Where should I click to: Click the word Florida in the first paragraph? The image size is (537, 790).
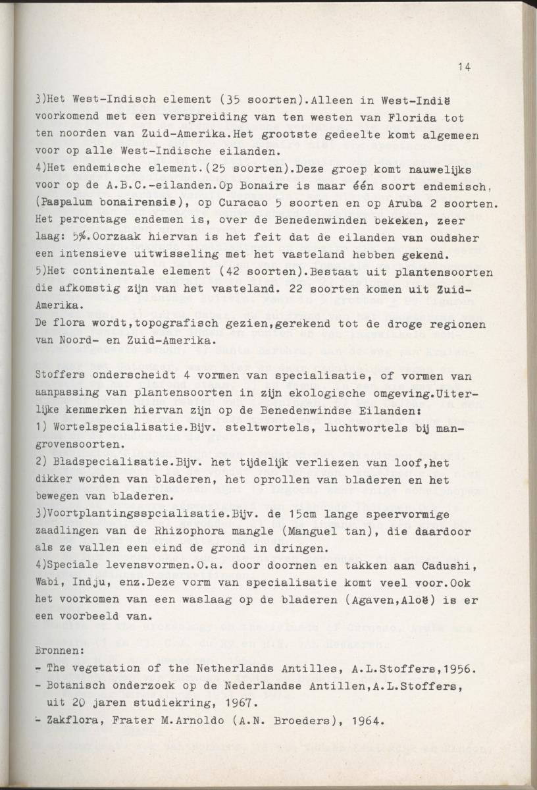pos(413,118)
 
